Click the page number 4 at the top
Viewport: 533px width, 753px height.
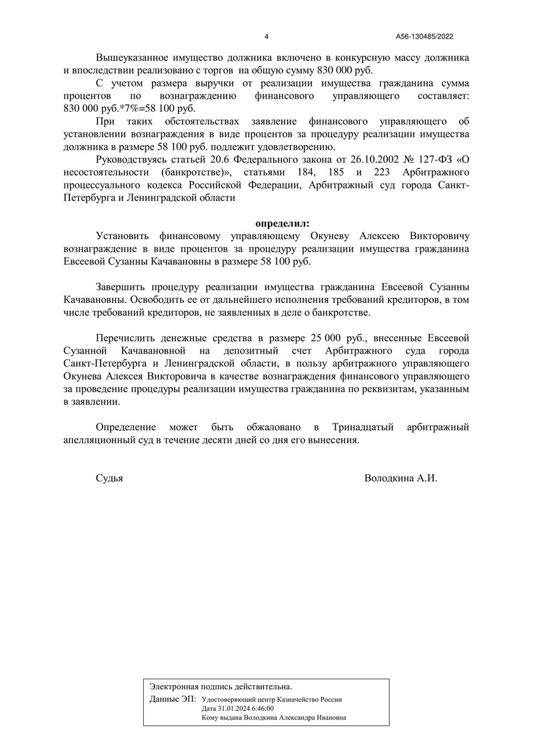tap(266, 37)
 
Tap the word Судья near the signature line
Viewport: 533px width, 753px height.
tap(110, 478)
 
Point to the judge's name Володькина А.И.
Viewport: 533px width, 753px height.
tap(400, 478)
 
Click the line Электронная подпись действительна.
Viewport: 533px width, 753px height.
tap(221, 686)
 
